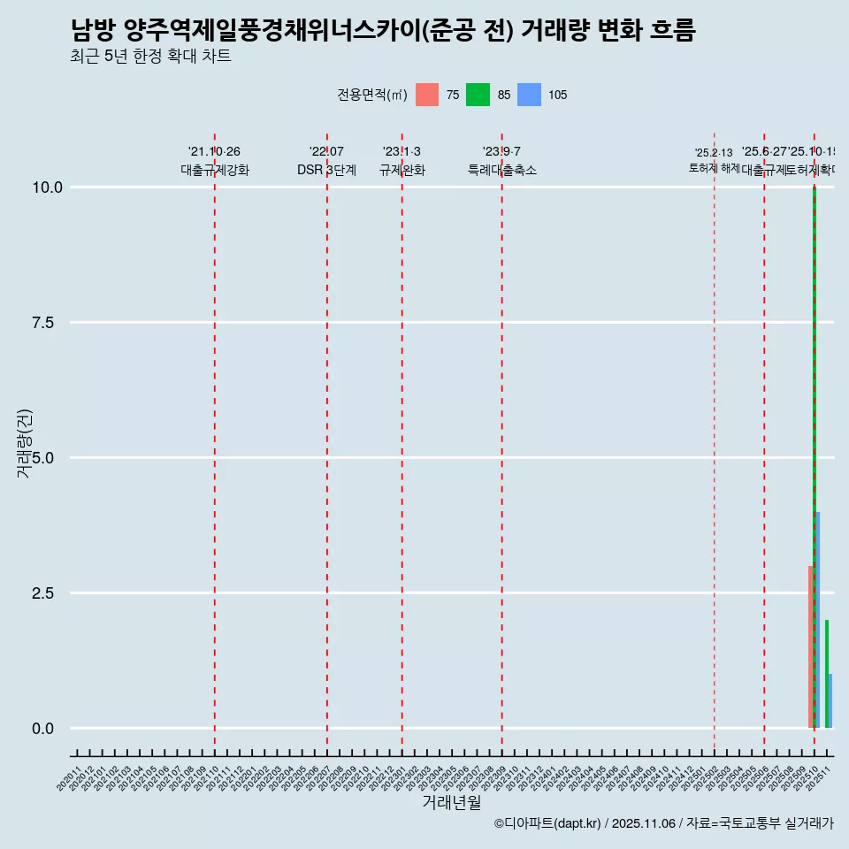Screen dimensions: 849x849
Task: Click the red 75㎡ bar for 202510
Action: pos(810,646)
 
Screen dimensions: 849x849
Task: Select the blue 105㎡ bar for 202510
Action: pos(818,619)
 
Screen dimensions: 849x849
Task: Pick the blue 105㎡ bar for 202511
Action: pos(830,701)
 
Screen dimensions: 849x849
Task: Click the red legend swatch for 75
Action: pos(427,95)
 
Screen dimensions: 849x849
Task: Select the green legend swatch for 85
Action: pos(478,95)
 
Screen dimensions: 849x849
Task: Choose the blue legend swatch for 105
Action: pos(529,95)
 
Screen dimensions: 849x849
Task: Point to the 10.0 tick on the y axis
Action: pos(48,187)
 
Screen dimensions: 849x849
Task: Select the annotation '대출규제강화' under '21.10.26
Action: pos(215,170)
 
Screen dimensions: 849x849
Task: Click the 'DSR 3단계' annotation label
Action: pos(326,170)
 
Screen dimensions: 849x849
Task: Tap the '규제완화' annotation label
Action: pos(402,170)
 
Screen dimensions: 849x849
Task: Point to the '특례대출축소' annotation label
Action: pos(502,170)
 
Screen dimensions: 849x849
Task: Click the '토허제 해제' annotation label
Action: pos(714,168)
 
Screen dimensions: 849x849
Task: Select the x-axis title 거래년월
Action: pos(451,802)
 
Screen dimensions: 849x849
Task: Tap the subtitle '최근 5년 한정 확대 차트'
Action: pos(150,57)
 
